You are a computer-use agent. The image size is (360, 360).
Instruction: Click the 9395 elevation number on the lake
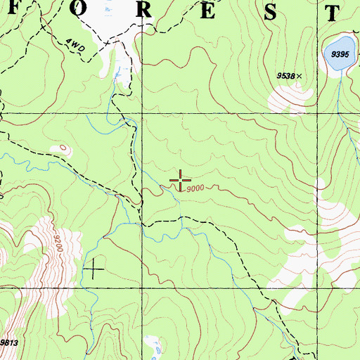pyautogui.click(x=340, y=54)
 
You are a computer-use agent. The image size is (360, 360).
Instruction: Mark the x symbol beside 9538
pyautogui.click(x=300, y=75)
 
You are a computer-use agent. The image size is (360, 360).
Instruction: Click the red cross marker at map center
pyautogui.click(x=181, y=180)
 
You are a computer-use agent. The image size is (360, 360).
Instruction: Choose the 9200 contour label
pyautogui.click(x=57, y=243)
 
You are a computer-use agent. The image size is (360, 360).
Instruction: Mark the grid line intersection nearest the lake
pyautogui.click(x=316, y=112)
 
